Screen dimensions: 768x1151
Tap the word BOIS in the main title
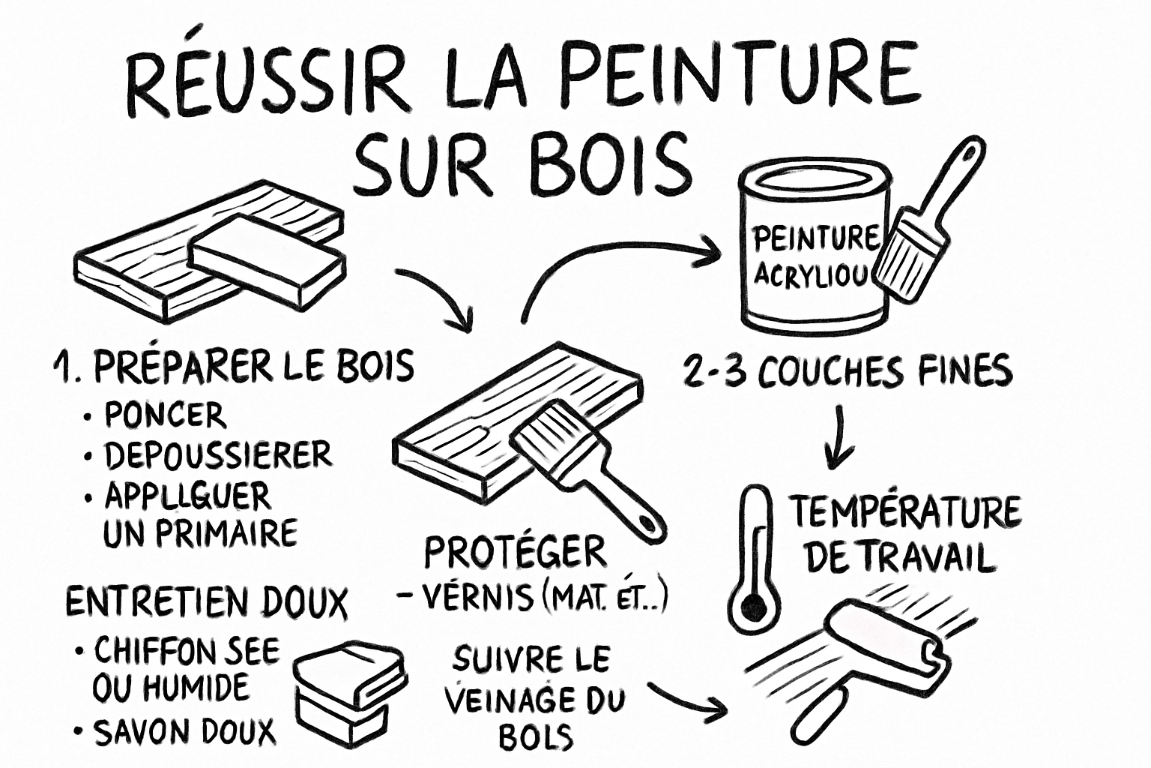611,164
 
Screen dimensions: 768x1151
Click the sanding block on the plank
266,259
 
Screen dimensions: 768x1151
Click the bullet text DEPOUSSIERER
217,455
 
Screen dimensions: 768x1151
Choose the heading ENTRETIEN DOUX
207,601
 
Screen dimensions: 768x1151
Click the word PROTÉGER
516,553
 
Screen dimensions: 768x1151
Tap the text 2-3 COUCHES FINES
848,372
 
